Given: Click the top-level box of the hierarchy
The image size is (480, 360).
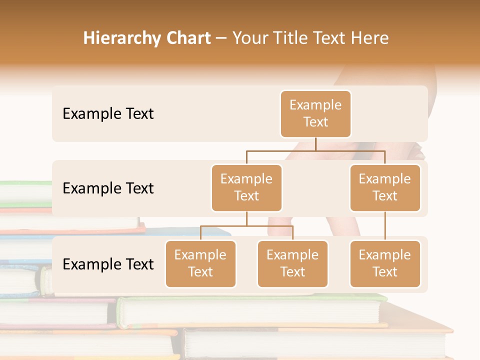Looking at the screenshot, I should (x=315, y=113).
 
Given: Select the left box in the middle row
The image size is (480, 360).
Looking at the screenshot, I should (x=246, y=187).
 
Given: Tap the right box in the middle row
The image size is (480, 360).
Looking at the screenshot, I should (x=385, y=187).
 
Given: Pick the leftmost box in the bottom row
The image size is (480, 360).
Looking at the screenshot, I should (x=200, y=263).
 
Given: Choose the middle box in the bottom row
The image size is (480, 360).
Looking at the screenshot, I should (x=292, y=263).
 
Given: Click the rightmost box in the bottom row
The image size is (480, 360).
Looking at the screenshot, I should (x=385, y=263).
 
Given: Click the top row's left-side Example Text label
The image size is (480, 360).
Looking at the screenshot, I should (x=108, y=113).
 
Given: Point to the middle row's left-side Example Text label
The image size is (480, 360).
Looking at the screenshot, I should (x=108, y=188).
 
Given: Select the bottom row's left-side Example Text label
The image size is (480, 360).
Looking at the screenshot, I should (x=108, y=264).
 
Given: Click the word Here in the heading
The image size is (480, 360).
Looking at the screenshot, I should (x=370, y=38).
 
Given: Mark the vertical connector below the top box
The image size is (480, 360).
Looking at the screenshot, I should (x=315, y=144).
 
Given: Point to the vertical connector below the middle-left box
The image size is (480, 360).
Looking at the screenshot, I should (x=246, y=218).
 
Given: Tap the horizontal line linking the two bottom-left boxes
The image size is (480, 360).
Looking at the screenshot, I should (x=246, y=226).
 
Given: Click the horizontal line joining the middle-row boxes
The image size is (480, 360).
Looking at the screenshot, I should (x=315, y=150).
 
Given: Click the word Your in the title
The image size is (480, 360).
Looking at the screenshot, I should (x=250, y=38).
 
